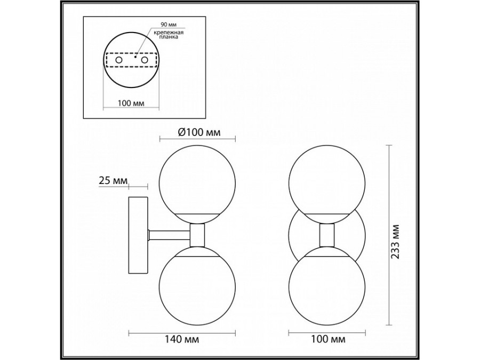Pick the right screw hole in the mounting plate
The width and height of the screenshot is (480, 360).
144,61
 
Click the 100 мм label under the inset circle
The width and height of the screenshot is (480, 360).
131,102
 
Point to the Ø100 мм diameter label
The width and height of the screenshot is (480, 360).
198,132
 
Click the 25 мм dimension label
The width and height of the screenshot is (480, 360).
113,181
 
